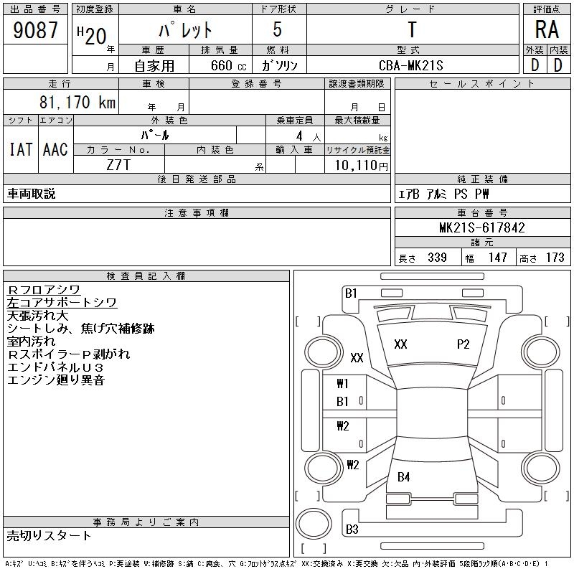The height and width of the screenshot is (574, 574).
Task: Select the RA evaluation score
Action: click(x=546, y=30)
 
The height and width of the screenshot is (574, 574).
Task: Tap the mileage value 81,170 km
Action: click(x=78, y=103)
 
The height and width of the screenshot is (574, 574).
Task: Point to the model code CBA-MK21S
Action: click(x=412, y=65)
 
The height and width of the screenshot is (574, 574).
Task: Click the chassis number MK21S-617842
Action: click(x=482, y=228)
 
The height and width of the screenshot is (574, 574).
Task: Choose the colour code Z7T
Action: click(x=118, y=164)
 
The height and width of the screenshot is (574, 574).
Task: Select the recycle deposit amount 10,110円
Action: click(x=357, y=165)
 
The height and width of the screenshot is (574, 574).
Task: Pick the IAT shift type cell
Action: click(x=21, y=149)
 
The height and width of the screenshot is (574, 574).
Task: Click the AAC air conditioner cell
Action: click(x=55, y=149)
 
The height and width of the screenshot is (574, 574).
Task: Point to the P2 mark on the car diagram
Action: click(x=464, y=344)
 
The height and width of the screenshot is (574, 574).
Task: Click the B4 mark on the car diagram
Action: click(x=404, y=477)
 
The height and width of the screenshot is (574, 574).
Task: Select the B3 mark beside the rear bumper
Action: click(x=352, y=530)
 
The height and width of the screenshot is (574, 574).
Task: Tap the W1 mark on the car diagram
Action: click(x=343, y=384)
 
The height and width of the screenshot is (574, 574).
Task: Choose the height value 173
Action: click(x=555, y=258)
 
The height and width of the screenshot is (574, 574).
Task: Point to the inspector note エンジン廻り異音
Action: click(x=56, y=380)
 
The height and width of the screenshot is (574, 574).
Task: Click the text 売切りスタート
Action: click(x=50, y=535)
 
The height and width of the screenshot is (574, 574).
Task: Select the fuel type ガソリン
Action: click(x=280, y=65)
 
